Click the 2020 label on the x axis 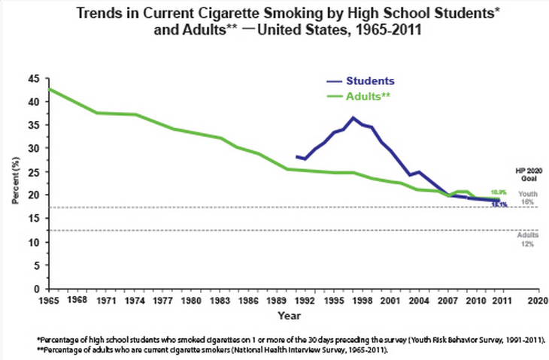(537, 301)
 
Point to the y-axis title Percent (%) (15, 184)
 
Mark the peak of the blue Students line (353, 117)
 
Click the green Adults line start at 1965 (48, 89)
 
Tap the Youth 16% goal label (529, 198)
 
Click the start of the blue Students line (296, 156)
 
